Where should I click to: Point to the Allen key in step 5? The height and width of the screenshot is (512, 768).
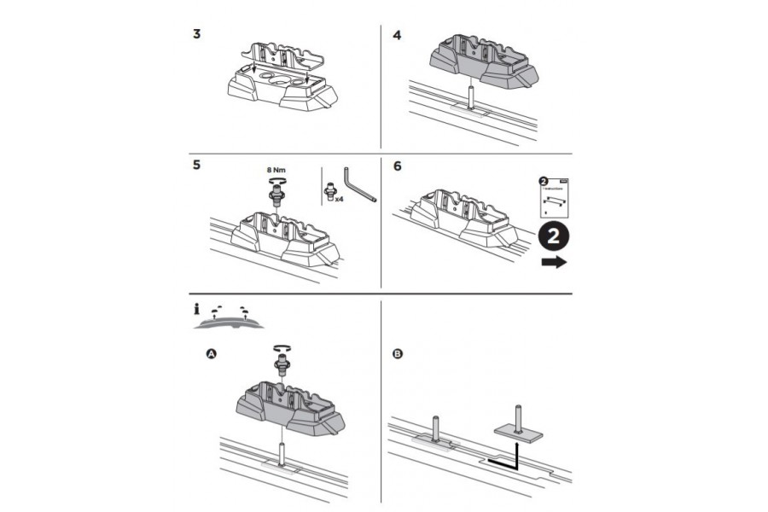click(x=359, y=184)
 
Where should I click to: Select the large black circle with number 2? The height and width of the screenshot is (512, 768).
click(x=554, y=236)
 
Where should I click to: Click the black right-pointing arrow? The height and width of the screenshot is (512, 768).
click(x=554, y=263)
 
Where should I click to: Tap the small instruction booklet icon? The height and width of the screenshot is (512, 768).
click(x=554, y=197)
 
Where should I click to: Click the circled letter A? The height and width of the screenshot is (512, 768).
click(x=211, y=352)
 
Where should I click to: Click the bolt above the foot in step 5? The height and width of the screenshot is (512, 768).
click(x=276, y=195)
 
